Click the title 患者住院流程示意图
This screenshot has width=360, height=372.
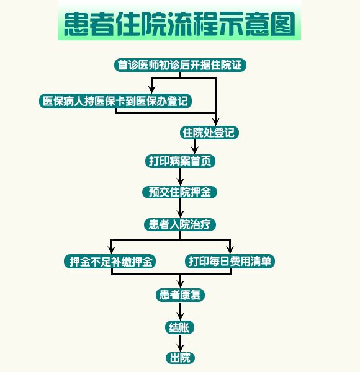click(179, 24)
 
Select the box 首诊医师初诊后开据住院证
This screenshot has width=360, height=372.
click(180, 65)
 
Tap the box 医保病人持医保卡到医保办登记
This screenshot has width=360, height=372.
click(115, 101)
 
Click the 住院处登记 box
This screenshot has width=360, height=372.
click(209, 133)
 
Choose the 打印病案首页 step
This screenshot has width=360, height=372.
click(180, 161)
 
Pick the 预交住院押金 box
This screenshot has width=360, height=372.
click(180, 192)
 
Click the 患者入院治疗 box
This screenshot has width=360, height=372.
click(180, 224)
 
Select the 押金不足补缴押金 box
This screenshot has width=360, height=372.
click(110, 262)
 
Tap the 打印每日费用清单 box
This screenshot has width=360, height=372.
click(230, 262)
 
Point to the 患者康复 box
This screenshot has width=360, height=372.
click(180, 295)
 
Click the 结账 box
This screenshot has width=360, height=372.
click(180, 328)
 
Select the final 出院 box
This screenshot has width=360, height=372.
click(180, 358)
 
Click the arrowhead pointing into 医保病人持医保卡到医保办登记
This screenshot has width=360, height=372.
click(152, 90)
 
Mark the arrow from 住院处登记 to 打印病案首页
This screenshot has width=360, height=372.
click(195, 147)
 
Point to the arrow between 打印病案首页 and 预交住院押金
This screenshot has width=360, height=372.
click(180, 177)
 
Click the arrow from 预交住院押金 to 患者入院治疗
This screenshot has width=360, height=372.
click(180, 208)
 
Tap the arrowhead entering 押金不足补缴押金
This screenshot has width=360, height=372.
click(111, 250)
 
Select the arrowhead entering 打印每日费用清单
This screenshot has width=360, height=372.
click(230, 250)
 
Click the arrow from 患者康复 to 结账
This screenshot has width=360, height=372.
click(180, 311)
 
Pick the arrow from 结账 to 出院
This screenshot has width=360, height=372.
click(180, 343)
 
